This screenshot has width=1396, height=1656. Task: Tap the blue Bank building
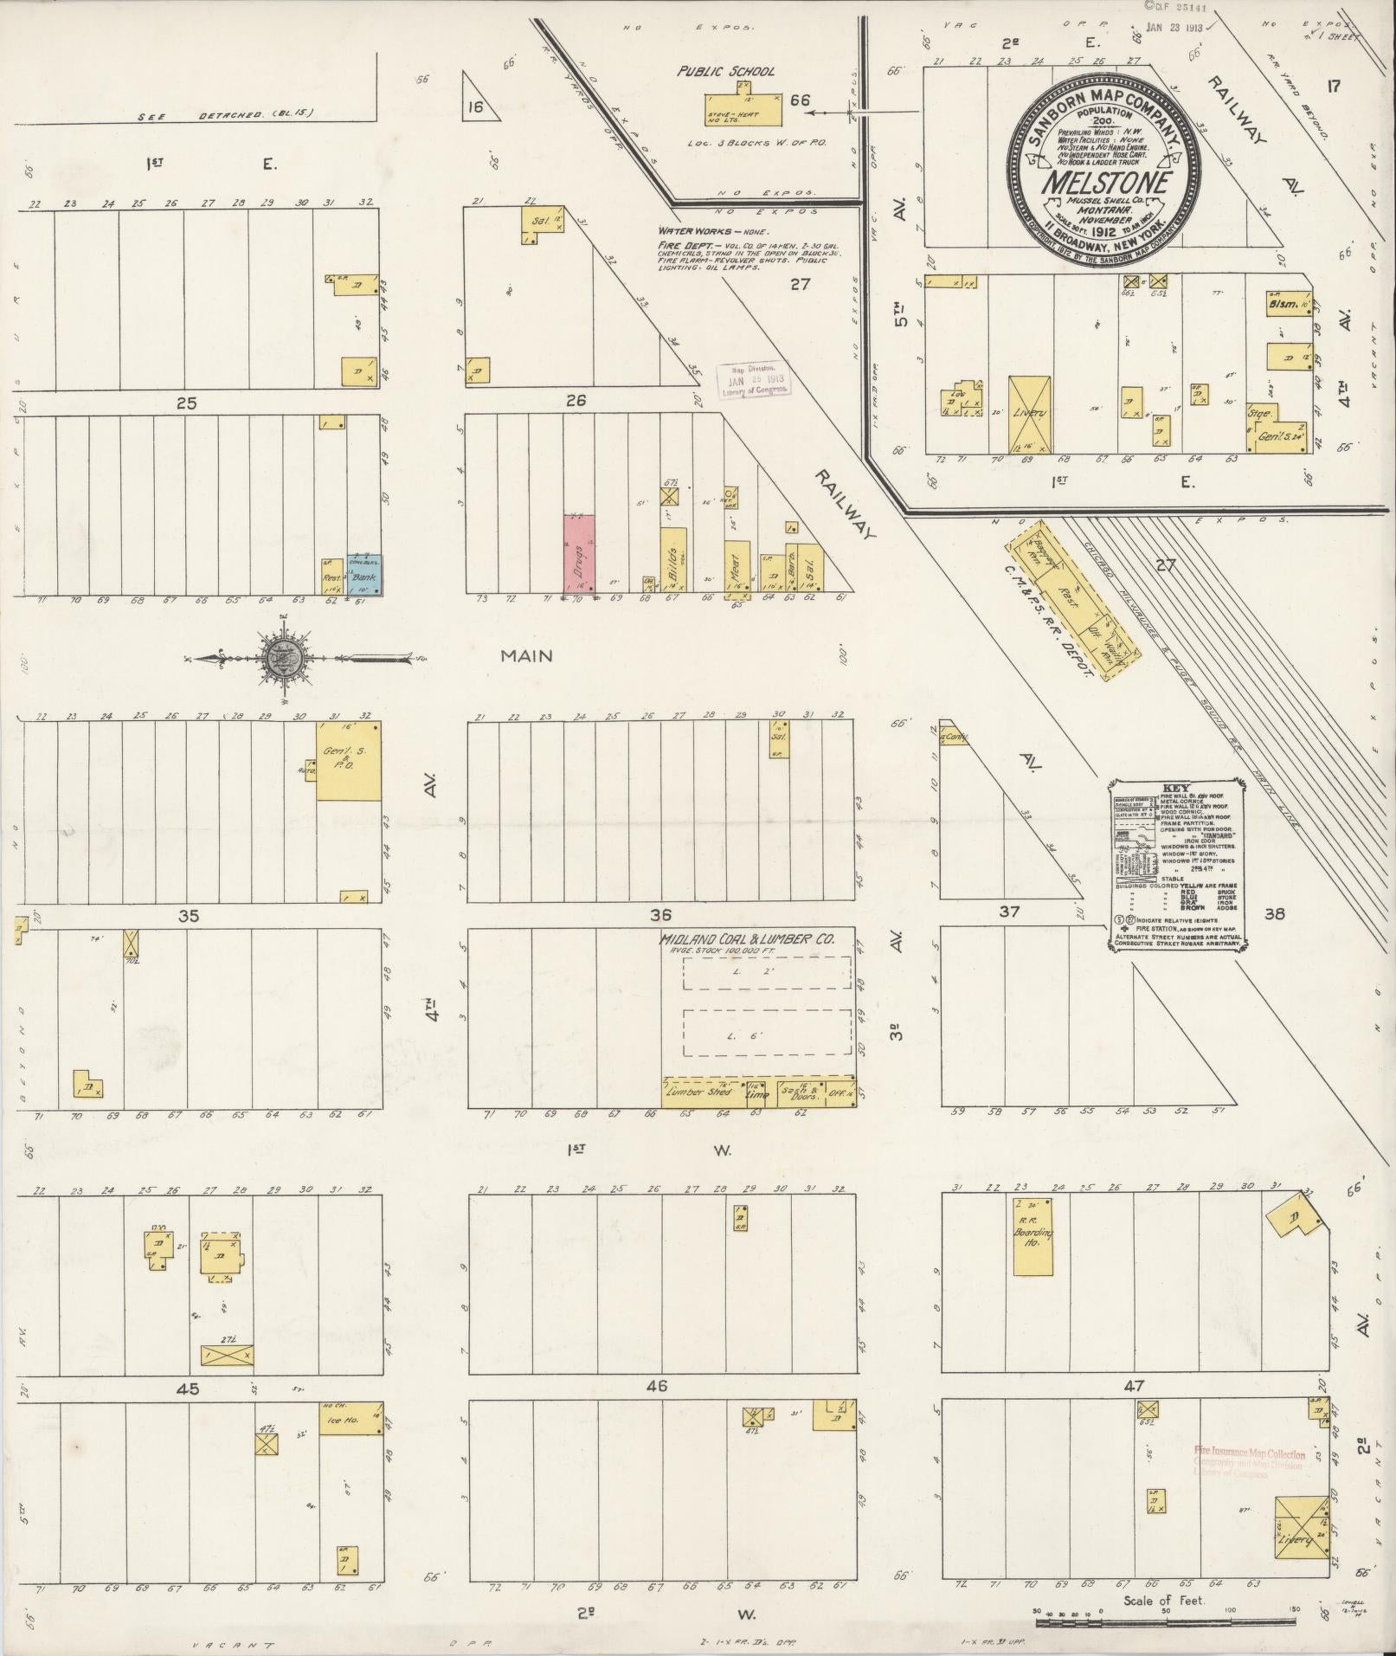click(364, 575)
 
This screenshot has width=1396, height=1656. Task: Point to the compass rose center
click(285, 658)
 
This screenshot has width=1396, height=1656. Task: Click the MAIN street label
click(526, 656)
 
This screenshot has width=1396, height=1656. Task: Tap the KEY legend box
click(1175, 863)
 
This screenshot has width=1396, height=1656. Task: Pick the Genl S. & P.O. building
click(348, 760)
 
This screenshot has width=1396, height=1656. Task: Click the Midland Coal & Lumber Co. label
click(746, 939)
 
